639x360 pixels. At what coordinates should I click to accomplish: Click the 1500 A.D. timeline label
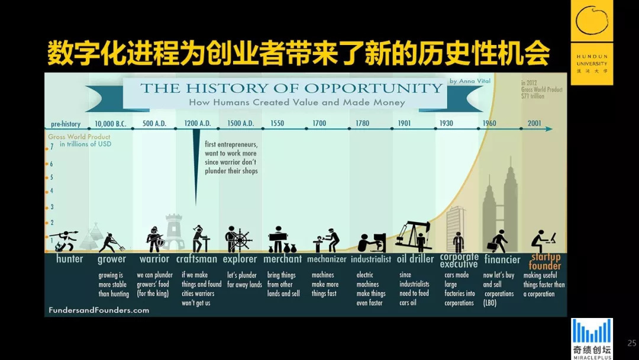[x=240, y=124]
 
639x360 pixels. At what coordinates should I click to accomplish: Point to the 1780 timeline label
[x=362, y=124]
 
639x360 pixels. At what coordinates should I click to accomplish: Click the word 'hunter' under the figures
[x=70, y=259]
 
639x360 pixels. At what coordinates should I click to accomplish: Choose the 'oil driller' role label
[x=415, y=259]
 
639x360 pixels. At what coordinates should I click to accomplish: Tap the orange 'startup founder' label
[x=545, y=261]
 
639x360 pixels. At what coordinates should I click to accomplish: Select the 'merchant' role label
[x=283, y=259]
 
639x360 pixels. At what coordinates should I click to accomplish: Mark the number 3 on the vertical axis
[x=51, y=207]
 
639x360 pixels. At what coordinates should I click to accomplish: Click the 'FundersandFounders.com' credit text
[x=99, y=310]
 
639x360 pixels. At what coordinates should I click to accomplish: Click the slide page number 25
[x=631, y=343]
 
